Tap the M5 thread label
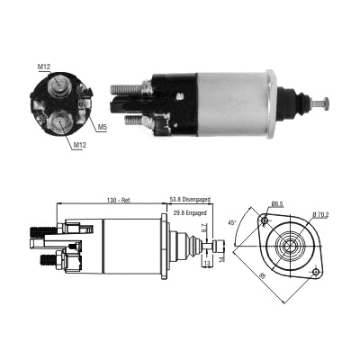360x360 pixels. (x=103, y=127)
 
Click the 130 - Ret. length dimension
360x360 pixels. (x=120, y=200)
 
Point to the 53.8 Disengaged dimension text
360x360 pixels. (x=190, y=200)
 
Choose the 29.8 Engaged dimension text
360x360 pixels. (x=191, y=212)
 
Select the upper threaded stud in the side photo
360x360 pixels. (x=121, y=88)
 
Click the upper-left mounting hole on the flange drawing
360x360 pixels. (x=265, y=220)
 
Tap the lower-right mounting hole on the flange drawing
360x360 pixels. (x=316, y=271)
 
